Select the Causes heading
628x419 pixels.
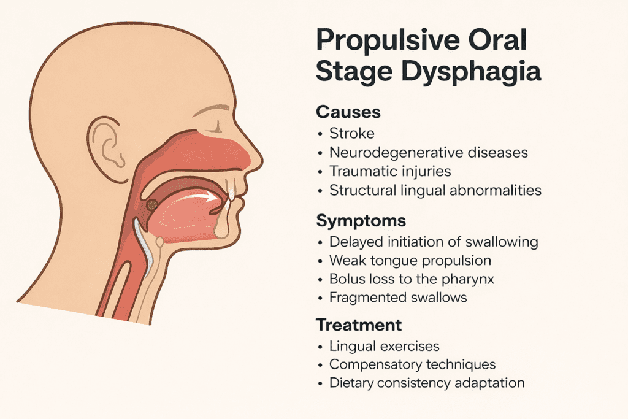coord(348,112)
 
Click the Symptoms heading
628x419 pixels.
coord(361,220)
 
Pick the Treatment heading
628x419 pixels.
coord(359,325)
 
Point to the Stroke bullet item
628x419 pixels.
coord(351,133)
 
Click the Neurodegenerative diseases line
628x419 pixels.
coord(428,152)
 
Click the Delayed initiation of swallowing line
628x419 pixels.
coord(433,241)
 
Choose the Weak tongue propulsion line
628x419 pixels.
coord(410,260)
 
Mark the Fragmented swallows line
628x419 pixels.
coord(398,298)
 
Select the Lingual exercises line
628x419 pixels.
coord(384,346)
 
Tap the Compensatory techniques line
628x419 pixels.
coord(412,364)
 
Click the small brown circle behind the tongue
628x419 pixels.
coord(150,205)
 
